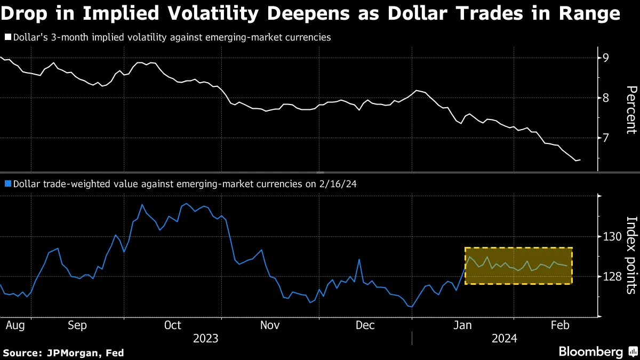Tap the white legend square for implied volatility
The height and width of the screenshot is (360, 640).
point(7,38)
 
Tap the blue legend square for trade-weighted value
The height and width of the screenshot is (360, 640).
point(7,184)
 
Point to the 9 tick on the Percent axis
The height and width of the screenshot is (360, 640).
point(606,58)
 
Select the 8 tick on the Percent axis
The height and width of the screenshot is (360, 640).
point(606,98)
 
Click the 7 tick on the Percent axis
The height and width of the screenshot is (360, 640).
point(606,138)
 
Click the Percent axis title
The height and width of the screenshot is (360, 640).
point(630,109)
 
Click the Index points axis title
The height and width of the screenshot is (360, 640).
point(630,255)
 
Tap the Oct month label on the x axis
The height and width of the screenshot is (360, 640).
point(172,325)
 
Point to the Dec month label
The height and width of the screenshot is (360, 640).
point(365,325)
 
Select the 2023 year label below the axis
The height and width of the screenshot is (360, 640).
point(205,339)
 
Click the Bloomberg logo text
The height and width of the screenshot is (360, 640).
point(590,352)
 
